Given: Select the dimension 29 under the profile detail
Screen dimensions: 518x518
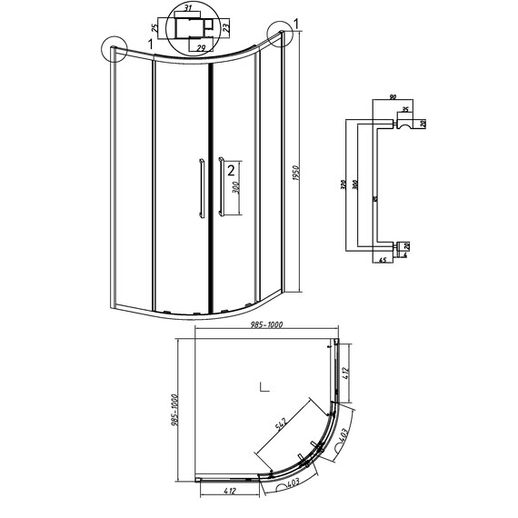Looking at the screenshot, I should [200, 45].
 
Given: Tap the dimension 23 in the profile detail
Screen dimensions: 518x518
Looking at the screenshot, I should [226, 27].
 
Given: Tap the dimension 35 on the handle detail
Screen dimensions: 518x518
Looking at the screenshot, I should [403, 109].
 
